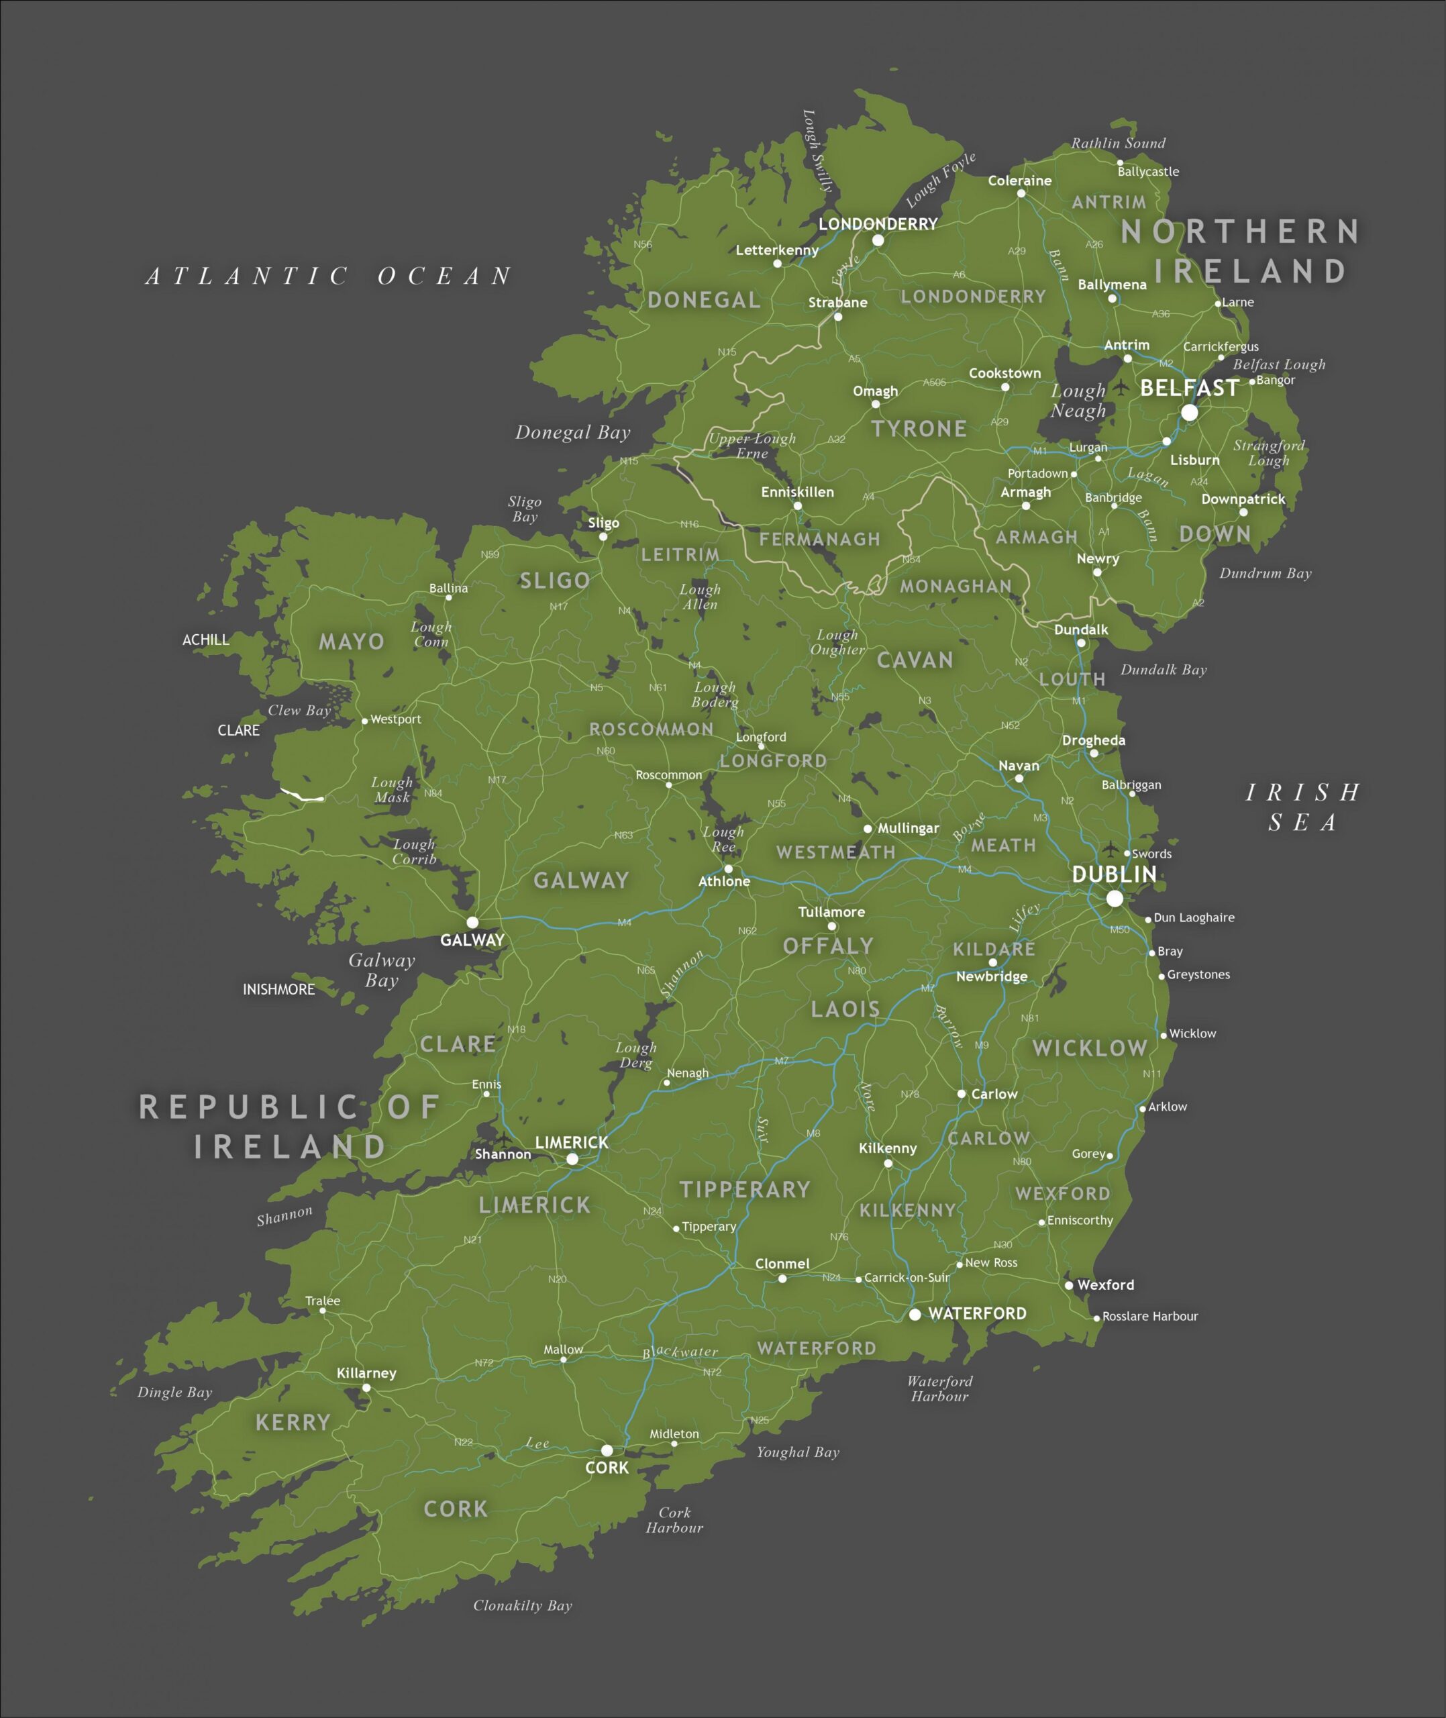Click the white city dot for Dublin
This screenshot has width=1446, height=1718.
pyautogui.click(x=1114, y=899)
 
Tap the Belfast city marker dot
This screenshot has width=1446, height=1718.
pyautogui.click(x=1188, y=412)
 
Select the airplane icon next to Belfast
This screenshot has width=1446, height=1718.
pyautogui.click(x=1121, y=386)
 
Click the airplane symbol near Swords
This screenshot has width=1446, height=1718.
pyautogui.click(x=1110, y=848)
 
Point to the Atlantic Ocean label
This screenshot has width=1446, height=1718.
pyautogui.click(x=329, y=276)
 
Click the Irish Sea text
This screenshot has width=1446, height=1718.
pyautogui.click(x=1302, y=807)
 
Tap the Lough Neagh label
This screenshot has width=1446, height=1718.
pyautogui.click(x=1078, y=401)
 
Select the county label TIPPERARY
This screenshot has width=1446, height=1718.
pyautogui.click(x=744, y=1189)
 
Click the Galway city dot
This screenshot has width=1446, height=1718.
pyautogui.click(x=472, y=922)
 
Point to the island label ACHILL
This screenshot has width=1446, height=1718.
pyautogui.click(x=206, y=640)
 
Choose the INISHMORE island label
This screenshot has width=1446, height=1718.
pyautogui.click(x=278, y=989)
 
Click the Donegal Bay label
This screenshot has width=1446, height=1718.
pyautogui.click(x=572, y=433)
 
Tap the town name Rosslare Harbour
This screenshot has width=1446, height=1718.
pyautogui.click(x=1149, y=1317)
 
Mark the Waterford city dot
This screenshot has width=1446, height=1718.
pyautogui.click(x=915, y=1314)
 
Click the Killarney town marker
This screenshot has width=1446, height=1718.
pyautogui.click(x=366, y=1388)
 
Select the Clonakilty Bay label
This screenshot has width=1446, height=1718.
pyautogui.click(x=522, y=1606)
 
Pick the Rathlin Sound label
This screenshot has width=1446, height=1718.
pyautogui.click(x=1117, y=144)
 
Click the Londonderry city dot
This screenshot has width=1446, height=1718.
pyautogui.click(x=878, y=240)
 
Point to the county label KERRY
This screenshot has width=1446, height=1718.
pyautogui.click(x=293, y=1422)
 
